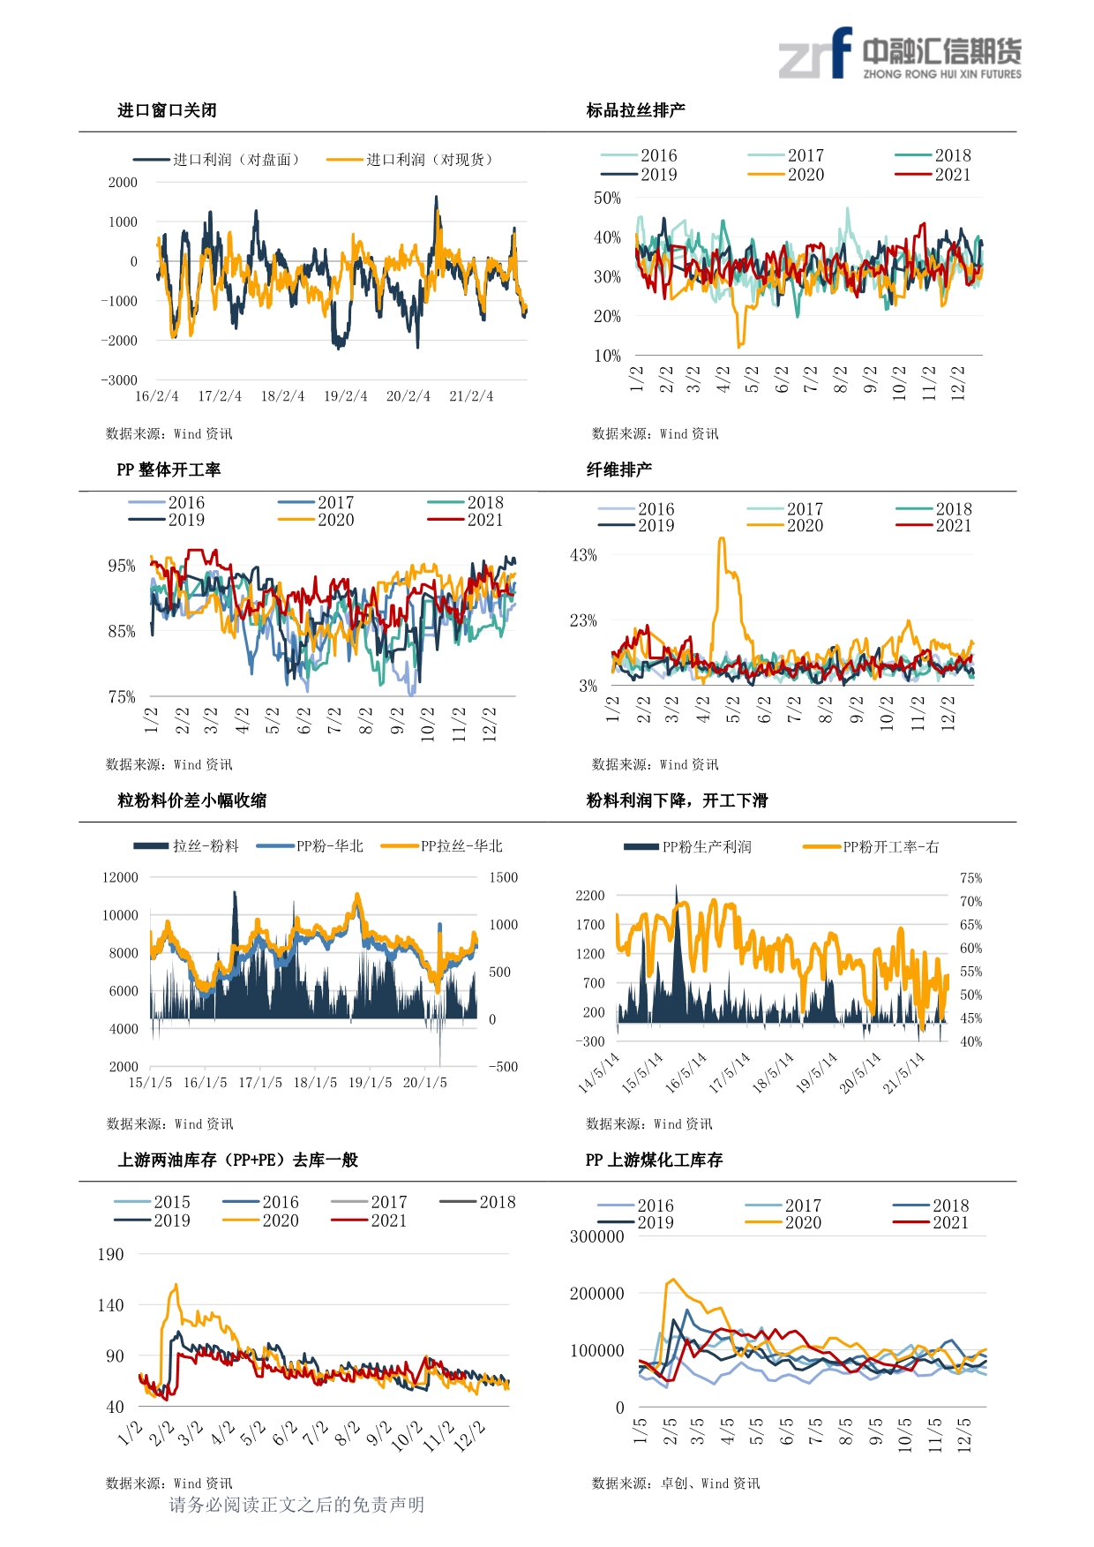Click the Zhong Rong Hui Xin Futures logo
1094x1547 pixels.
[x=900, y=53]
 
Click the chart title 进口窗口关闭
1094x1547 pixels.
[x=167, y=110]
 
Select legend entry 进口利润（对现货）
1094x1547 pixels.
[x=409, y=160]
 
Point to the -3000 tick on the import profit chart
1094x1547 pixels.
[x=119, y=380]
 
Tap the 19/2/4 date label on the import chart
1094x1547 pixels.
[x=345, y=396]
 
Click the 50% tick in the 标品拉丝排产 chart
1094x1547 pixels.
[x=607, y=199]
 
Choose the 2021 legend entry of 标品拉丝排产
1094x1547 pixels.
[x=933, y=175]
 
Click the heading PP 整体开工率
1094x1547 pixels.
[x=169, y=469]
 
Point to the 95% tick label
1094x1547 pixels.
[x=122, y=566]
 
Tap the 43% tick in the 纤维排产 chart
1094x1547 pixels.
[x=583, y=555]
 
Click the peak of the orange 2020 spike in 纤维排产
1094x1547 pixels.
[x=722, y=537]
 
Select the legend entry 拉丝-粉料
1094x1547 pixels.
[x=186, y=846]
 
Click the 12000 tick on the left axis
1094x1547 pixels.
[x=121, y=877]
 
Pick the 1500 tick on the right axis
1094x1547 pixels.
[x=504, y=877]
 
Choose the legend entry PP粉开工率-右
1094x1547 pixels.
[x=871, y=847]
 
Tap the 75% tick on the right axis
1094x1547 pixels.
[x=970, y=878]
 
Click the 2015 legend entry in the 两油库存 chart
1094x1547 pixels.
[x=153, y=1202]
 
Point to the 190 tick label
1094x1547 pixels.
[x=110, y=1255]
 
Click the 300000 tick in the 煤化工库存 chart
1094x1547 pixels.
[x=596, y=1237]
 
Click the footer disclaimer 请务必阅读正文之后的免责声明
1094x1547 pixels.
[x=296, y=1505]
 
